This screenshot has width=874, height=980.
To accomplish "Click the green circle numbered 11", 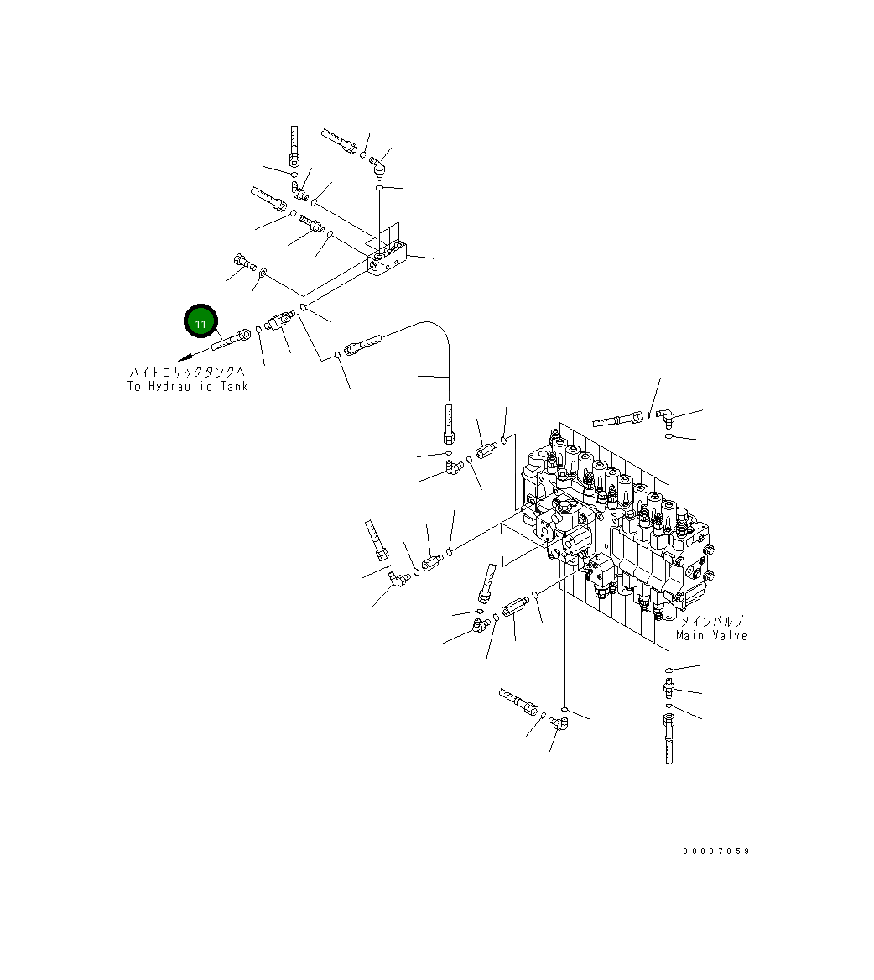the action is point(200,322).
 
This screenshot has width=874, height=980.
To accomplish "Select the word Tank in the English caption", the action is point(234,386).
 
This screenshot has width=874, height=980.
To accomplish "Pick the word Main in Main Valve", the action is point(690,636).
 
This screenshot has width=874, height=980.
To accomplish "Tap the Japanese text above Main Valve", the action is point(711,621).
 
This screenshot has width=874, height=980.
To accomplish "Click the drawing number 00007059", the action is point(716,852).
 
